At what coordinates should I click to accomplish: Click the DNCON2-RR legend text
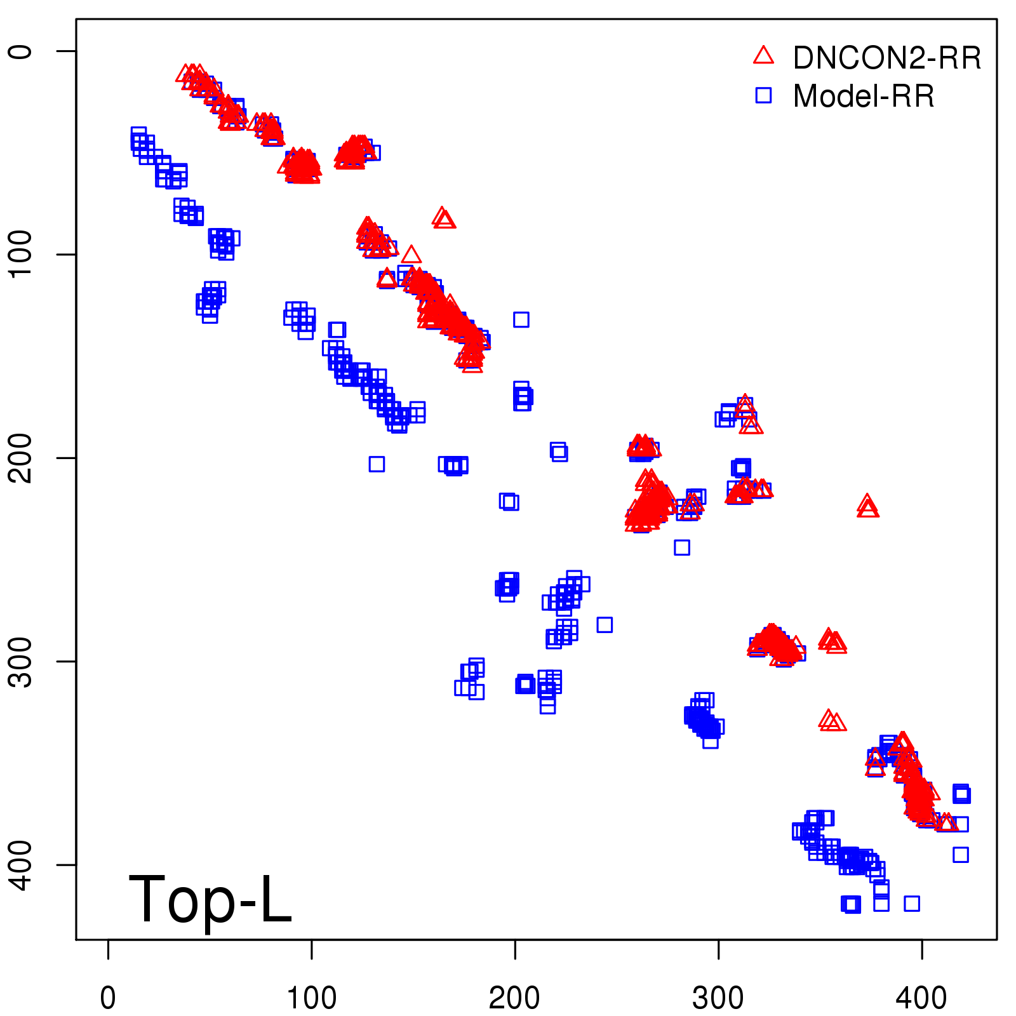[886, 58]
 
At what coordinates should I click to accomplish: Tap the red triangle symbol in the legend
[763, 55]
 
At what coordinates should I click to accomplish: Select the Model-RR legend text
[864, 97]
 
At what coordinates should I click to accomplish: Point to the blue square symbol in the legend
[763, 95]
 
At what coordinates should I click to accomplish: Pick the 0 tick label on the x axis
[108, 998]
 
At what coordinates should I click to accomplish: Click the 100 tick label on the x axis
[311, 998]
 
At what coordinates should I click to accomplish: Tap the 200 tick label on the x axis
[515, 998]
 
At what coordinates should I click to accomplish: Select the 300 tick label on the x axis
[718, 998]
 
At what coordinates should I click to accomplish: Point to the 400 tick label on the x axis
[921, 998]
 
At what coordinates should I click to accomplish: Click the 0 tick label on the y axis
[20, 51]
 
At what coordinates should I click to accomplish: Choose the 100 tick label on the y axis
[20, 254]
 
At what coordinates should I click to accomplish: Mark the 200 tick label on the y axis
[20, 458]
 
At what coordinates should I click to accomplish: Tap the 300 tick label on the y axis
[20, 661]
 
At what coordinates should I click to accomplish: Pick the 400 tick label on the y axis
[20, 864]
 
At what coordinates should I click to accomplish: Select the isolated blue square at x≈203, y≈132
[521, 319]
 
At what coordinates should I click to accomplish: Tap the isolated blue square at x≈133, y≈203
[377, 464]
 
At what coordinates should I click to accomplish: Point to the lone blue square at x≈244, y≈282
[605, 625]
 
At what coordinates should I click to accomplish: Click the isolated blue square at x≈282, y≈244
[682, 547]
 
